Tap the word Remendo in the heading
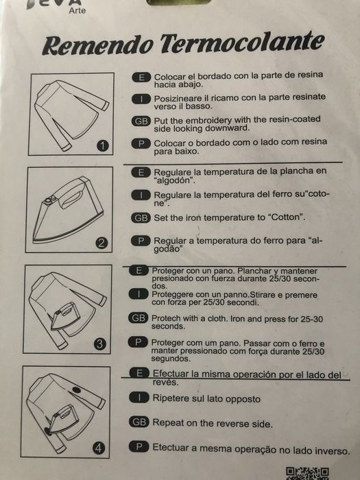coord(97,45)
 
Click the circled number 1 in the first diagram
coord(103,145)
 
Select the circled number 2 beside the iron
coord(101,243)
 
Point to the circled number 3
coord(100,344)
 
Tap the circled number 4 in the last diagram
coord(98,448)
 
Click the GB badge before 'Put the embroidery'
coord(141,121)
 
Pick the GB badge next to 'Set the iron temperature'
coord(141,218)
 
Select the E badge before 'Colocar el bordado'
coord(141,77)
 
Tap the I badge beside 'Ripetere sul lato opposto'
coord(139,398)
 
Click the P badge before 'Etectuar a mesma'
coord(139,446)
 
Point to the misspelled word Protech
coord(166,318)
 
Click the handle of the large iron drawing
coord(72,197)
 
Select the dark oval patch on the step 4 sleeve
coord(77,390)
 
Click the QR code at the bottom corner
coord(307,474)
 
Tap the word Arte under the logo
coord(77,10)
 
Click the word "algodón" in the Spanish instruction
coord(174,180)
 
